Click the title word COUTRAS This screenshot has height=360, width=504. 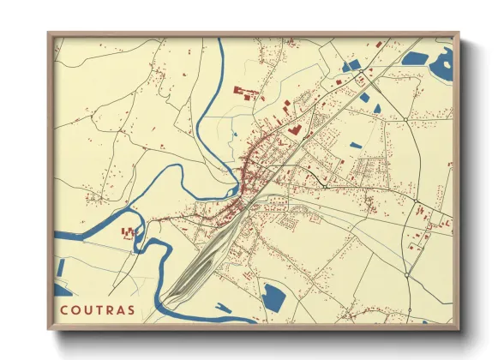[97, 309]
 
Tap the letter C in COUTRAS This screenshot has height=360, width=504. [63, 309]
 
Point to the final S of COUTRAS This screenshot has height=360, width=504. [130, 309]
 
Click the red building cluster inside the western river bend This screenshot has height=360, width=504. [129, 232]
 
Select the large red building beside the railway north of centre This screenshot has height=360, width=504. [294, 129]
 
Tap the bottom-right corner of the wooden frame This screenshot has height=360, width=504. [458, 329]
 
